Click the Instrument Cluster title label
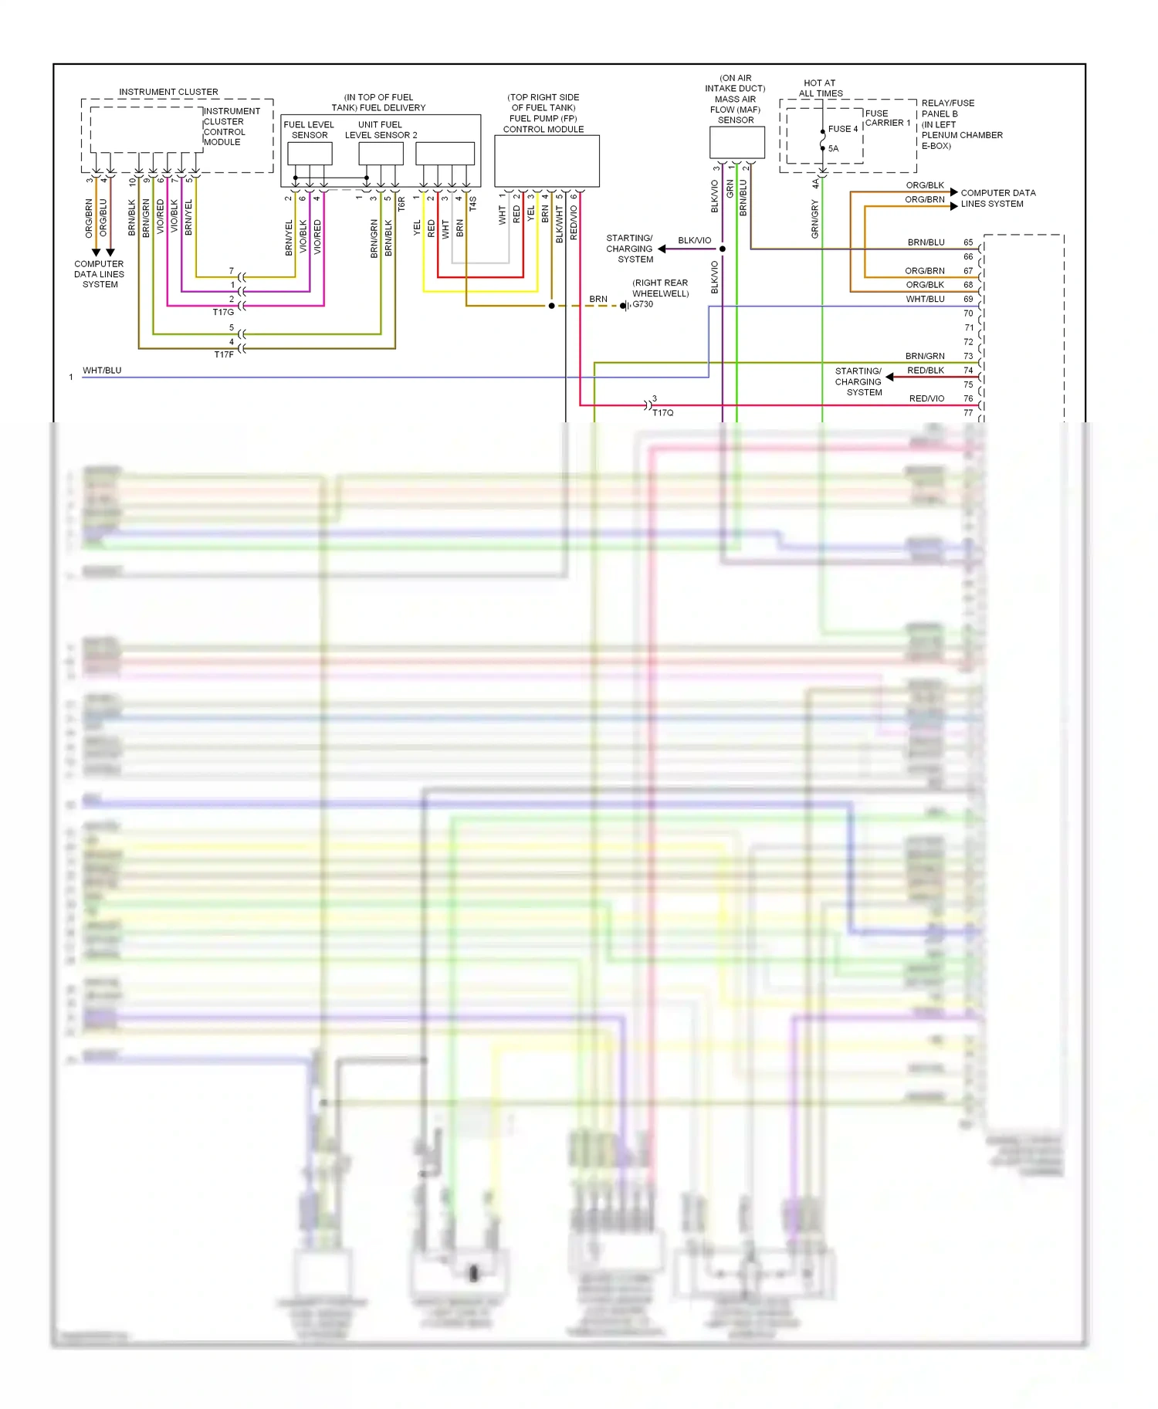pyautogui.click(x=168, y=92)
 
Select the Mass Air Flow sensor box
pyautogui.click(x=736, y=143)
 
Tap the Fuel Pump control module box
pyautogui.click(x=547, y=161)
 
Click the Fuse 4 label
pyautogui.click(x=843, y=129)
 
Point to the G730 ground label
pyautogui.click(x=643, y=304)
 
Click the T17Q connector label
pyautogui.click(x=662, y=413)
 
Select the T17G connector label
pyautogui.click(x=223, y=313)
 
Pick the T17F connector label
pyautogui.click(x=224, y=355)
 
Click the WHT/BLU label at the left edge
pyautogui.click(x=102, y=371)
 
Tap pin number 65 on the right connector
pyautogui.click(x=968, y=242)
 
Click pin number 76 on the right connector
pyautogui.click(x=968, y=399)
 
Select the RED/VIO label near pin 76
pyautogui.click(x=926, y=399)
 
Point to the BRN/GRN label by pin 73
pyautogui.click(x=925, y=357)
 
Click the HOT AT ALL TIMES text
pyautogui.click(x=820, y=88)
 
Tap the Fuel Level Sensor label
pyautogui.click(x=309, y=130)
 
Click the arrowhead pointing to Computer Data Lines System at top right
pyautogui.click(x=954, y=192)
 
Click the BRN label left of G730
pyautogui.click(x=598, y=300)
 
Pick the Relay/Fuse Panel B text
pyautogui.click(x=947, y=108)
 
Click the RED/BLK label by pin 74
pyautogui.click(x=926, y=371)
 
